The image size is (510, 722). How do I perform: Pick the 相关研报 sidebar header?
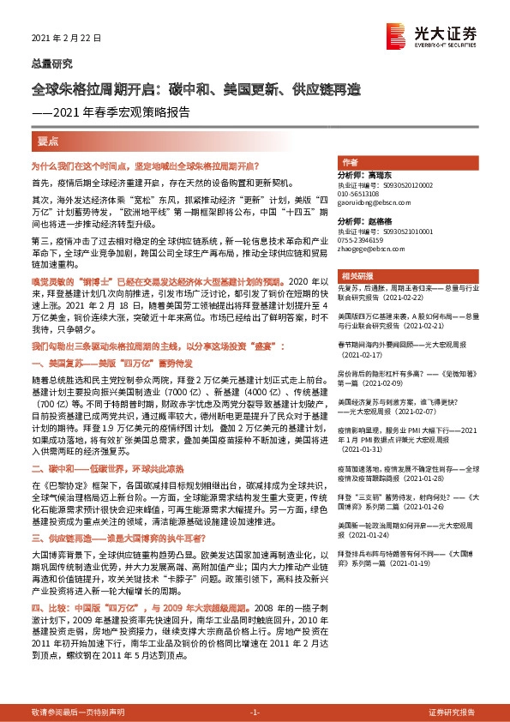pyautogui.click(x=354, y=276)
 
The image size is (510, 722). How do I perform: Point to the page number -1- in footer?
pyautogui.click(x=254, y=713)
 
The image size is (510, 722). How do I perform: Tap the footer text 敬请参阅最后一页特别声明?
pyautogui.click(x=77, y=713)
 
